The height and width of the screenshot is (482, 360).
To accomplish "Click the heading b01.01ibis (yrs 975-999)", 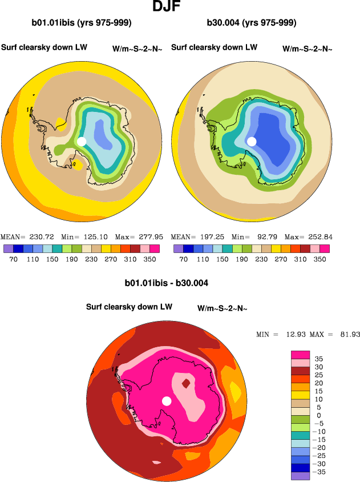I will click(x=82, y=23).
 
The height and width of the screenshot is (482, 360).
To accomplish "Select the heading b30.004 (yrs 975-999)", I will click(x=252, y=23).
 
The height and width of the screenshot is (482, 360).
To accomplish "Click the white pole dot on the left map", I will click(x=82, y=141).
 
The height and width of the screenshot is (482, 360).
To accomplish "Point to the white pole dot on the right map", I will click(x=252, y=141).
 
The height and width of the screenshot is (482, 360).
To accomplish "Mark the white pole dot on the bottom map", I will click(x=167, y=401).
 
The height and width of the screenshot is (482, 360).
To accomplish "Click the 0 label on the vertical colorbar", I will click(x=318, y=415).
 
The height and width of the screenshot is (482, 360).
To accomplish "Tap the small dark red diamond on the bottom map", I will click(x=185, y=383).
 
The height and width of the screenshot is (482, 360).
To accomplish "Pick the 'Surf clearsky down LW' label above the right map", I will click(x=214, y=47).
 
